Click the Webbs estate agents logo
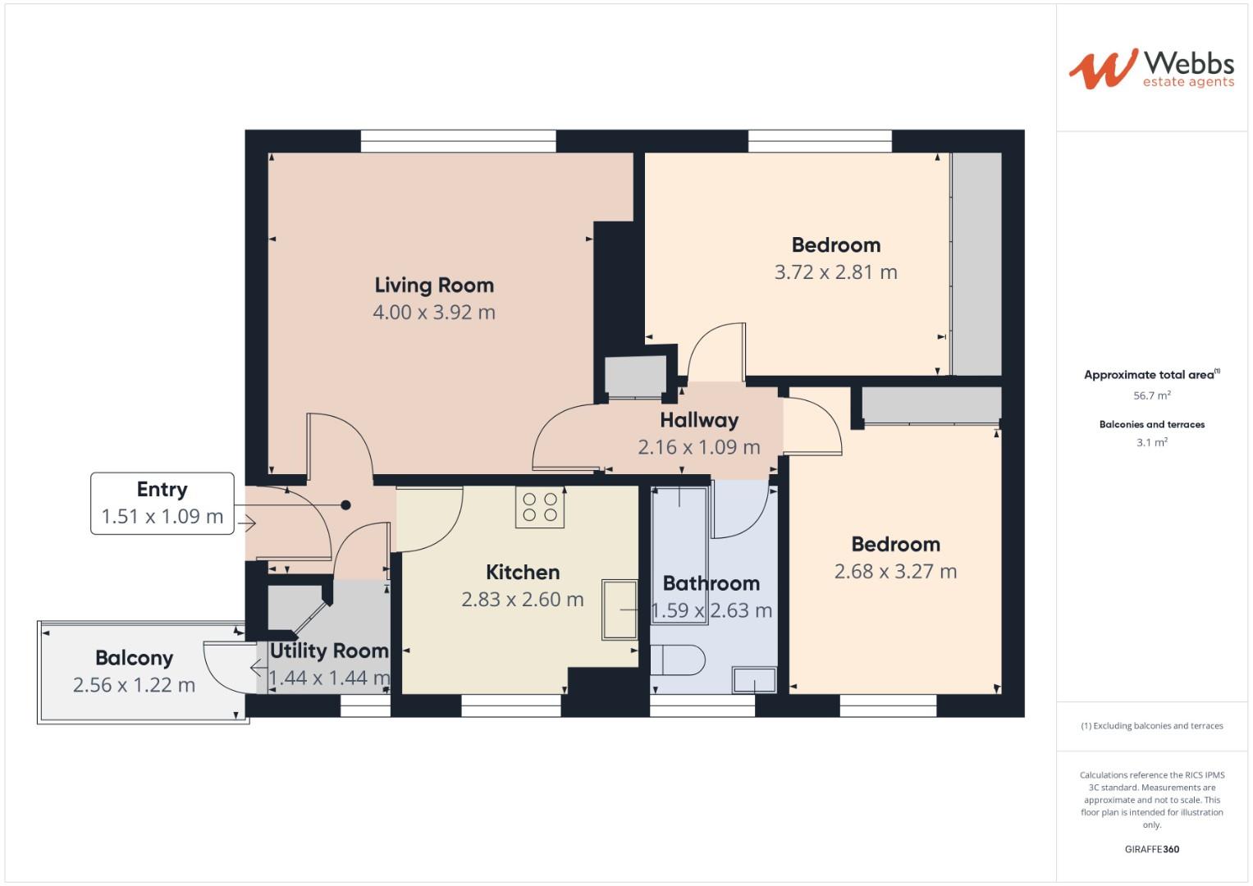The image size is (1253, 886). [x=1151, y=69]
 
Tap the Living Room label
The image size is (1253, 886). [x=434, y=285]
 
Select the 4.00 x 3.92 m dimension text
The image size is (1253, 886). [x=434, y=313]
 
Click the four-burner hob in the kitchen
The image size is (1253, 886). [x=540, y=507]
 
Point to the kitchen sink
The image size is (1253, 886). [x=620, y=610]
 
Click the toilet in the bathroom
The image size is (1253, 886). [x=678, y=660]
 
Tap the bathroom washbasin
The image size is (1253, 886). [x=754, y=680]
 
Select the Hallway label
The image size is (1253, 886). [x=699, y=420]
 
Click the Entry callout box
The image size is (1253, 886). [x=162, y=504]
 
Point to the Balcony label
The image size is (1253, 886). [x=135, y=658]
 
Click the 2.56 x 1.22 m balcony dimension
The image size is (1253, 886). [x=135, y=685]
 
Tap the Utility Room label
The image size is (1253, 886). [x=329, y=651]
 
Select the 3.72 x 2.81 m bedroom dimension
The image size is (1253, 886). [x=835, y=272]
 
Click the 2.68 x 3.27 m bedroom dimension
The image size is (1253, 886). [x=895, y=572]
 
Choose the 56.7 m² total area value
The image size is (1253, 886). [x=1151, y=395]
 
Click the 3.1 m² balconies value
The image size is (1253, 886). [x=1151, y=442]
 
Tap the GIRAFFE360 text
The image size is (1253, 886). [x=1151, y=849]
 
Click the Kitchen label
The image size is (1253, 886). [x=523, y=572]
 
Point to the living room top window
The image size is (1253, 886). [x=458, y=141]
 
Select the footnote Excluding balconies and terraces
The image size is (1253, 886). [x=1151, y=726]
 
